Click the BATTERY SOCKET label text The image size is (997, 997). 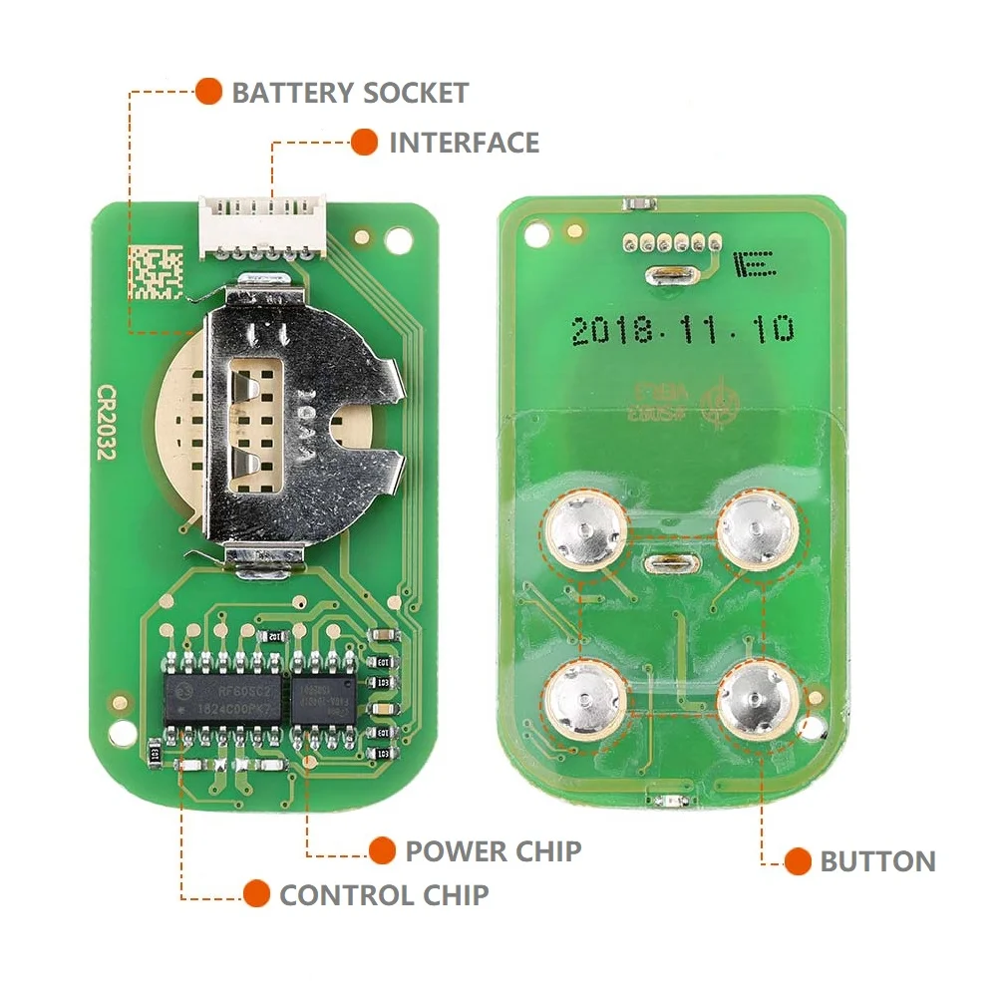[x=350, y=94]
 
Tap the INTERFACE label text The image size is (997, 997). [x=464, y=143]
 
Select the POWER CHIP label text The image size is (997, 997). [x=493, y=850]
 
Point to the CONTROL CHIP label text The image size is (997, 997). [x=384, y=894]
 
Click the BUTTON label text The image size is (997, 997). [x=877, y=861]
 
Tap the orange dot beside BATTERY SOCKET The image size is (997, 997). [x=208, y=92]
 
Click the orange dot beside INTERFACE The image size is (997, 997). [x=364, y=142]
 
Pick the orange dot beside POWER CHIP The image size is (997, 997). [x=381, y=849]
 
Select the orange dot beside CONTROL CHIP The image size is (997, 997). [x=256, y=893]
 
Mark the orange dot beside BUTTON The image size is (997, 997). [x=797, y=861]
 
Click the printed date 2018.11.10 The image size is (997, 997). [x=683, y=330]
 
